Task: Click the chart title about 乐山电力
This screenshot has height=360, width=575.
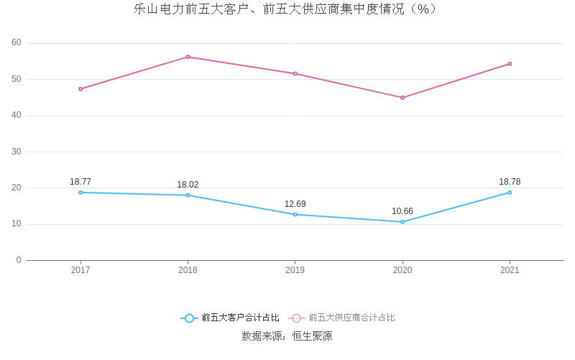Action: [x=287, y=9]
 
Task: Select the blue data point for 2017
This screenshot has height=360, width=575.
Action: [x=80, y=193]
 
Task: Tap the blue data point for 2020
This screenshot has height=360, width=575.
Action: [x=402, y=222]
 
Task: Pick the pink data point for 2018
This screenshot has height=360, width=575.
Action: [x=188, y=57]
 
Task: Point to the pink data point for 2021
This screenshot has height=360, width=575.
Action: [x=510, y=64]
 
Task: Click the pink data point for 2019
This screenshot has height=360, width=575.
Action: [x=295, y=73]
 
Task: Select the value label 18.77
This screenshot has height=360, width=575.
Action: [x=80, y=182]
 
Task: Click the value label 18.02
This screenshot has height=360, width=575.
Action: [x=188, y=185]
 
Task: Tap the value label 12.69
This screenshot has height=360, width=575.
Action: [x=295, y=204]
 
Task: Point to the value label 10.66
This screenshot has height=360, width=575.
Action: [x=402, y=211]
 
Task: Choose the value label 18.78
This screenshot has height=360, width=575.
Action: [x=510, y=182]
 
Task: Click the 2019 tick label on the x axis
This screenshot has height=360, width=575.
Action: [x=295, y=270]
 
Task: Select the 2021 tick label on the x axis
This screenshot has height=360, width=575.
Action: [x=510, y=270]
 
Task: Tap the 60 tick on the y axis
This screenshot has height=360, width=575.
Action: [x=17, y=43]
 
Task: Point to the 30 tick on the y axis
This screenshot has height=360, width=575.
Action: [x=17, y=152]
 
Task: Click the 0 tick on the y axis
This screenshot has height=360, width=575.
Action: [x=19, y=260]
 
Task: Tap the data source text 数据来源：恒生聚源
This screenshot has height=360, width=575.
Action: [x=287, y=336]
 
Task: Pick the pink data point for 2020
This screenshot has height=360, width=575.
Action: [x=402, y=98]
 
